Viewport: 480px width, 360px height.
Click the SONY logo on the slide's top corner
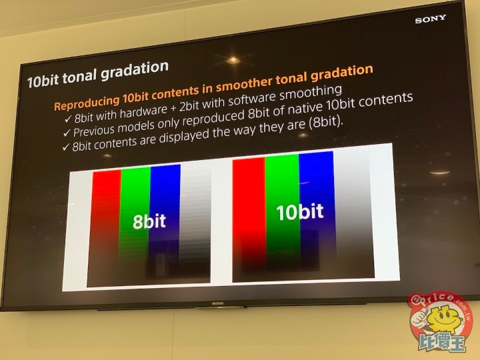click(431, 19)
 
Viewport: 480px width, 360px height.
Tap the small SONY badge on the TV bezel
click(217, 303)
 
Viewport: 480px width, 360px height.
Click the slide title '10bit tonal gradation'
click(98, 75)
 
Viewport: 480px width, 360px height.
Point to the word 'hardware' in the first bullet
click(143, 111)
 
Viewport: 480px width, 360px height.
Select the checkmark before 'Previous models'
click(67, 133)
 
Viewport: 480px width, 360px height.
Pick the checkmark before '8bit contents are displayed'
click(65, 147)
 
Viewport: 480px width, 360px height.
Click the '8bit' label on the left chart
click(149, 221)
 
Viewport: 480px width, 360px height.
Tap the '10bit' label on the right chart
click(300, 211)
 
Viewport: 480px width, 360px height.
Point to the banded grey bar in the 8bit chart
click(195, 221)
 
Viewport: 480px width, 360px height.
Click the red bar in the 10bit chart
click(249, 219)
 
